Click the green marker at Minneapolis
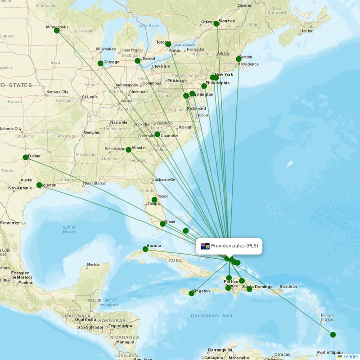tap(57, 31)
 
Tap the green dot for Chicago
tap(100, 63)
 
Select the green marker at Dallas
tap(25, 157)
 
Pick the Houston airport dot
tap(39, 185)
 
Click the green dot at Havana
tap(145, 249)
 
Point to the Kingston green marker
tap(191, 293)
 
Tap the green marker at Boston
tap(238, 59)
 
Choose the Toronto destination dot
tap(168, 44)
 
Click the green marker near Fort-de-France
tap(333, 334)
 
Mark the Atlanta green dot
tap(128, 149)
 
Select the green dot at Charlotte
tap(157, 134)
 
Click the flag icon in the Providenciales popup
tap(205, 246)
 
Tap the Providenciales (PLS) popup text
tap(234, 246)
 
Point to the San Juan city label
tap(288, 287)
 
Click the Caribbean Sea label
tap(211, 316)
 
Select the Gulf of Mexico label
tap(69, 229)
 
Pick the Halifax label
tap(306, 31)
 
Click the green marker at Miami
tap(162, 224)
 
